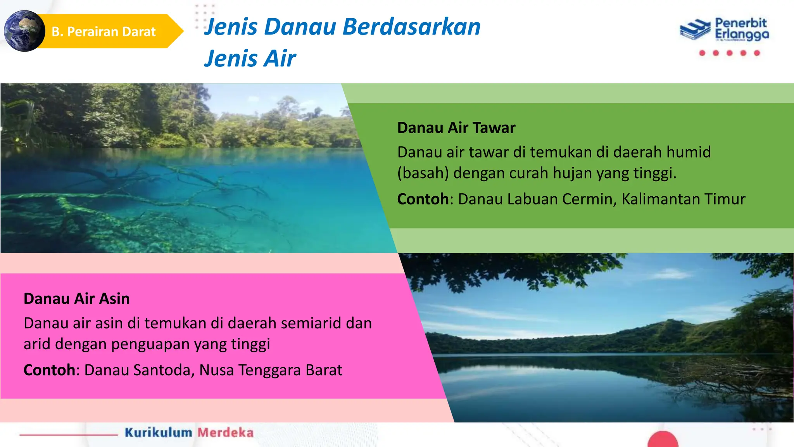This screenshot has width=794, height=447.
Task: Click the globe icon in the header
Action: tap(24, 31)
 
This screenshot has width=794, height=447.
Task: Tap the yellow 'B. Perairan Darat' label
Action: tap(104, 31)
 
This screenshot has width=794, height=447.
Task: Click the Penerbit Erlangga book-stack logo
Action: tap(696, 29)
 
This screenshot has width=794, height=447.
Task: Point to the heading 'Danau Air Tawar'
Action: tap(456, 128)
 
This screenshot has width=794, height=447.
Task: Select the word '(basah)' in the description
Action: tap(423, 173)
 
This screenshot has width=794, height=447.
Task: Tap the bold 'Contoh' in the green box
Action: tap(423, 199)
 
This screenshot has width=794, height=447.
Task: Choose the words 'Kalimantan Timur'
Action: tap(683, 199)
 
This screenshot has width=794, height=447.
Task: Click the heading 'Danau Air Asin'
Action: tap(76, 299)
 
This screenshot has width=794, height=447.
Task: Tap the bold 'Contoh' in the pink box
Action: tap(49, 370)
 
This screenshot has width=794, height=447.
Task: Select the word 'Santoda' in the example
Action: tap(163, 370)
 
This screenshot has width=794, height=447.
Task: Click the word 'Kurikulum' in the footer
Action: tap(158, 433)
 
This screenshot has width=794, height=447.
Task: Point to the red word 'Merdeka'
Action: tap(225, 433)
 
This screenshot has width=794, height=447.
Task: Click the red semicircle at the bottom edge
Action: tap(663, 440)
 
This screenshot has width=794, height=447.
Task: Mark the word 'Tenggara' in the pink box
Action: tap(269, 370)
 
